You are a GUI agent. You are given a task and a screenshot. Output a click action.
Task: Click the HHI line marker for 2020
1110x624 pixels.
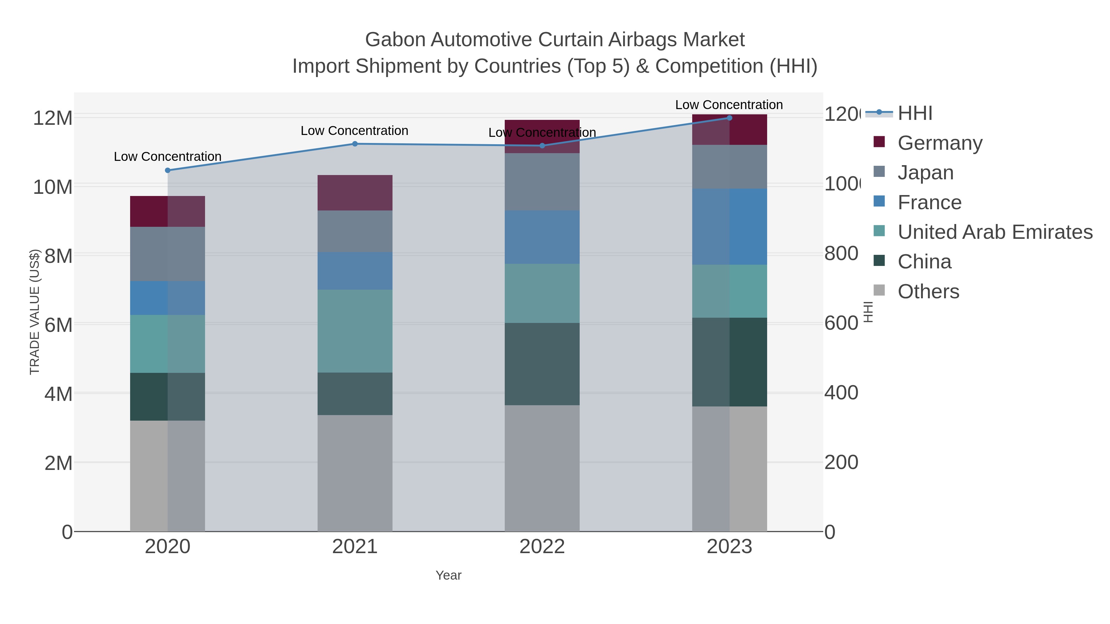(168, 170)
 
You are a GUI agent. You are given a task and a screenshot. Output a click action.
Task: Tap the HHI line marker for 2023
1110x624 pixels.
(729, 118)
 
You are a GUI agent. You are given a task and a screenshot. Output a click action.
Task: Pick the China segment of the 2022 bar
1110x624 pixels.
(542, 364)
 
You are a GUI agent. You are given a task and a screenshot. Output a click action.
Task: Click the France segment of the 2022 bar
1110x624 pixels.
(542, 237)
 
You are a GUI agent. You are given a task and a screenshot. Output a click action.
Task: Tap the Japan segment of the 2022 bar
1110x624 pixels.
(542, 182)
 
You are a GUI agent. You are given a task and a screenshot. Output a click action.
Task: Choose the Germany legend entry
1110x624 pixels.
(939, 143)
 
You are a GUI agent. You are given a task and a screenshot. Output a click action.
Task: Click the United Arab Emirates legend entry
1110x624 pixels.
(994, 232)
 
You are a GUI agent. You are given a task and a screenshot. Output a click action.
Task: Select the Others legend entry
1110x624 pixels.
(928, 292)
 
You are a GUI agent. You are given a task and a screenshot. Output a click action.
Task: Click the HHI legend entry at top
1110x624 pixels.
(915, 113)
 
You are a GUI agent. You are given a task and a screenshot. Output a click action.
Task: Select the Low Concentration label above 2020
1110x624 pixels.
(168, 157)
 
